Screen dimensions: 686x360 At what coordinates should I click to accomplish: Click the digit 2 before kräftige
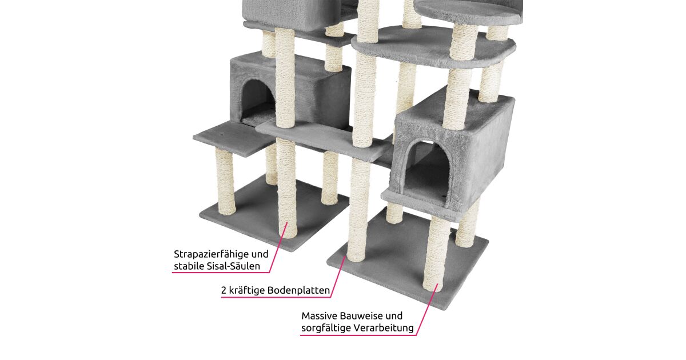click(224, 290)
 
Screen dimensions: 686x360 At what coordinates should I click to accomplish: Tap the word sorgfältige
click(326, 328)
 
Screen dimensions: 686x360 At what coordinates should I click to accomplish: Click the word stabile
click(189, 266)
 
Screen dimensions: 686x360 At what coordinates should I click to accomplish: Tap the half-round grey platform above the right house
click(433, 46)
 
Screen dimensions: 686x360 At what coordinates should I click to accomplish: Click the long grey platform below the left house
click(321, 140)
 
